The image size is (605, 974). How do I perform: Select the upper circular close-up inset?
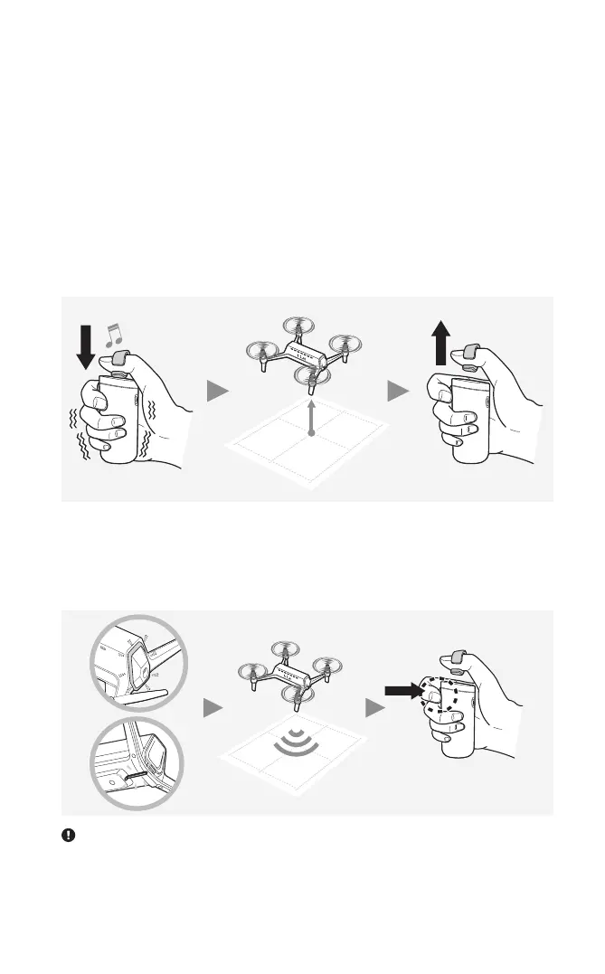coord(136,661)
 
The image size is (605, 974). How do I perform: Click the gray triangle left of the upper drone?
coord(216,391)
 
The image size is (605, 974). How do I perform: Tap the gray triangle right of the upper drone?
coord(397,391)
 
